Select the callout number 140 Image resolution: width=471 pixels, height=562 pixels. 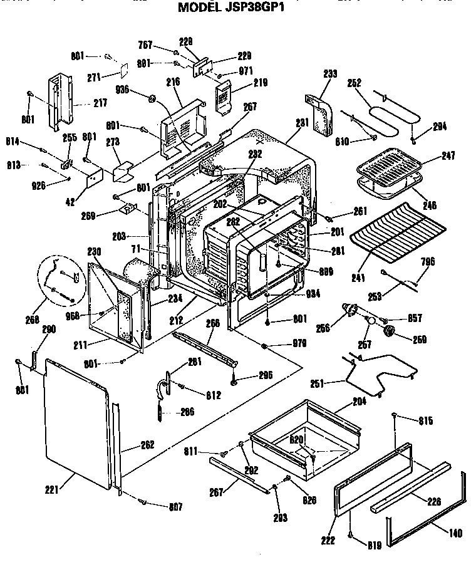[456, 534]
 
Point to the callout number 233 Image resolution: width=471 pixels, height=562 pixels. [330, 74]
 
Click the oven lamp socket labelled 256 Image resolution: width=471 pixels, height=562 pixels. [351, 310]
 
